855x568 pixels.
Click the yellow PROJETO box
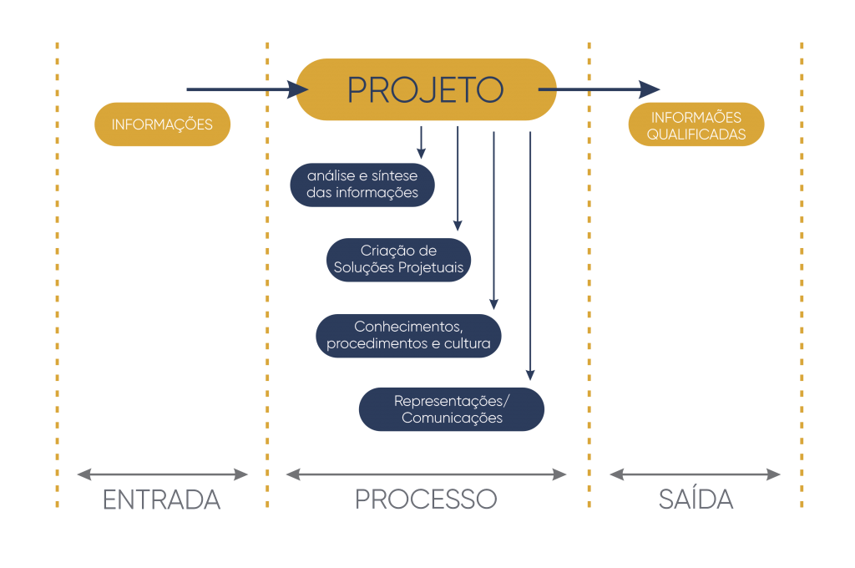point(426,89)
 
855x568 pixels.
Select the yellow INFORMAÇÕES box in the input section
point(162,124)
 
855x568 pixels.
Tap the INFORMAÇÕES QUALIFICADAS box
point(696,125)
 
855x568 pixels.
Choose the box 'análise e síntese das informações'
point(363,185)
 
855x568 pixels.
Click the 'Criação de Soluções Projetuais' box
point(399,259)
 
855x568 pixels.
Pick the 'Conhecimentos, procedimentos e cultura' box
point(408,335)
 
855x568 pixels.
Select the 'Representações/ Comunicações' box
point(452,409)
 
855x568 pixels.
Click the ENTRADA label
point(161,500)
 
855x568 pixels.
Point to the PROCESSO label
point(426,500)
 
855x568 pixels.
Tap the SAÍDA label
point(696,500)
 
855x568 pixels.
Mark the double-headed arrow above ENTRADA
point(162,474)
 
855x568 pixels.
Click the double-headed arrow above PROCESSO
point(426,474)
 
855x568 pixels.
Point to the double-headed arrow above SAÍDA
point(696,474)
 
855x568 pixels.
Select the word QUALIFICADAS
point(696,134)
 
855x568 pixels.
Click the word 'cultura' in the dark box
point(478,343)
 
